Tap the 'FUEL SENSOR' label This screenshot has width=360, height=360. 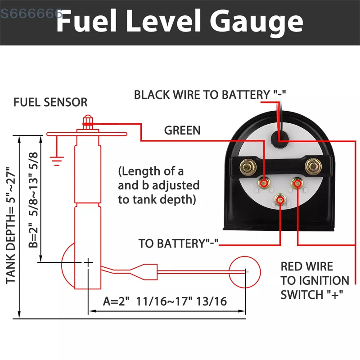(x=50, y=102)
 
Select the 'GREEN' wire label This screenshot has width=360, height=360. (x=182, y=130)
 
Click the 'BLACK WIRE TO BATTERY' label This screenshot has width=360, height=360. (x=210, y=95)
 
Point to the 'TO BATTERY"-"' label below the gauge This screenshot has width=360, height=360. (x=178, y=244)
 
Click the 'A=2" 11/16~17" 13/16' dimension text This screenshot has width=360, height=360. (x=165, y=301)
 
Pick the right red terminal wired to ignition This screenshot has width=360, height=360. (x=297, y=182)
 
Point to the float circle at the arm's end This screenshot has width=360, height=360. (x=245, y=271)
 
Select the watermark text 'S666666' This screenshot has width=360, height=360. (x=31, y=13)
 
